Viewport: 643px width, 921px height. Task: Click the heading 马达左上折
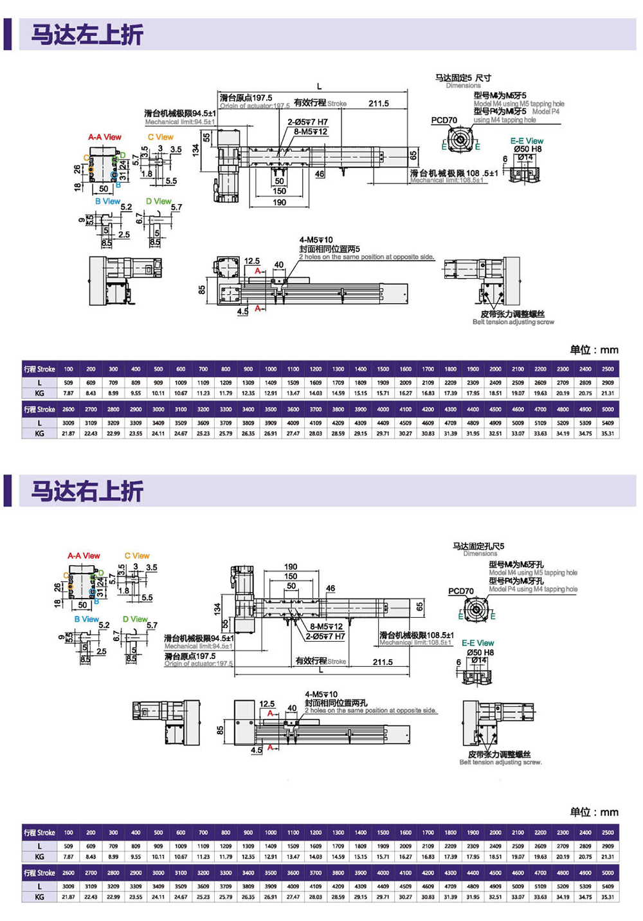pyautogui.click(x=87, y=35)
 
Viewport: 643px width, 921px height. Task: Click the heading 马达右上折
pyautogui.click(x=87, y=491)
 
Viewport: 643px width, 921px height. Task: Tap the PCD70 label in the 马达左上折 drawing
pyautogui.click(x=444, y=120)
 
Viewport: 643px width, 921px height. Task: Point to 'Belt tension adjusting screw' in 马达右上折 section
pyautogui.click(x=500, y=762)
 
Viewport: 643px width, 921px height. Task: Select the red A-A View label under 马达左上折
pyautogui.click(x=105, y=137)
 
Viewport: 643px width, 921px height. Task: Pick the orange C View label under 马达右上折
pyautogui.click(x=137, y=555)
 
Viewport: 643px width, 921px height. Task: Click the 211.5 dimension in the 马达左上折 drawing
pyautogui.click(x=378, y=104)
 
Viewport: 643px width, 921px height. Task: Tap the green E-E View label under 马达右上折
pyautogui.click(x=478, y=643)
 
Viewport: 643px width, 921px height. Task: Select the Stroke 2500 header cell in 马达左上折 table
pyautogui.click(x=608, y=369)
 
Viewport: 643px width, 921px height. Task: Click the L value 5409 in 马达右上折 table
pyautogui.click(x=608, y=886)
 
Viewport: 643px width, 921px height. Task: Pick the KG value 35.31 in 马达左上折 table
pyautogui.click(x=608, y=434)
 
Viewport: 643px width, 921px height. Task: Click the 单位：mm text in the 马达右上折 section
pyautogui.click(x=594, y=812)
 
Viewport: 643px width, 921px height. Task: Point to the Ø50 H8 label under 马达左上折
pyautogui.click(x=527, y=149)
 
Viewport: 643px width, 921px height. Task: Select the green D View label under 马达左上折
pyautogui.click(x=158, y=201)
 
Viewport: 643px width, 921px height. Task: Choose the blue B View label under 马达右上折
pyautogui.click(x=86, y=619)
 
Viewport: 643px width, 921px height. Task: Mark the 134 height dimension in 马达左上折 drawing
pyautogui.click(x=195, y=150)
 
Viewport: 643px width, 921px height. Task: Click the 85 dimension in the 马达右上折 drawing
pyautogui.click(x=221, y=730)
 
